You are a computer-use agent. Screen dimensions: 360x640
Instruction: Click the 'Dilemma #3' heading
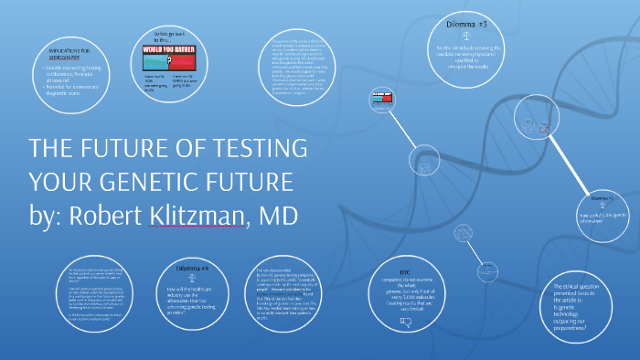pyautogui.click(x=467, y=23)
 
